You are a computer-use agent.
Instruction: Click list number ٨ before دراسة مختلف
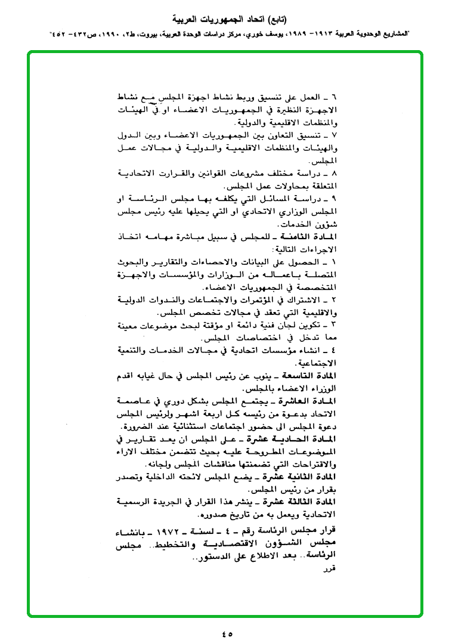[x=334, y=172]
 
